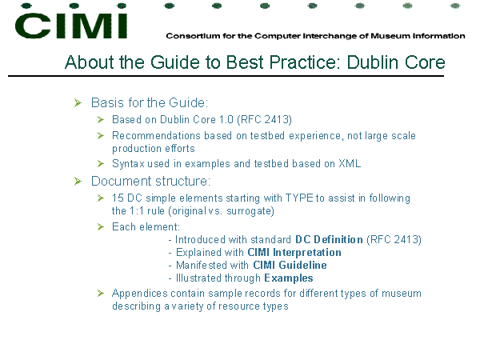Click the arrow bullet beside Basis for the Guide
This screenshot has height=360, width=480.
coord(78,103)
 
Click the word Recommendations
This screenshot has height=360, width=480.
coord(157,135)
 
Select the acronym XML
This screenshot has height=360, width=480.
coord(350,163)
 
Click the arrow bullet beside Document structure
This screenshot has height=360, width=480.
coord(78,182)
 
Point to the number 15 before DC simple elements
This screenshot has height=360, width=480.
coord(118,198)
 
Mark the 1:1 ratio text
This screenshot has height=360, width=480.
coord(137,211)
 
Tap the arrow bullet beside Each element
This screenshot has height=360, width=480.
coord(101,227)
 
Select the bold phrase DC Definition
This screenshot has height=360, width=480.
coord(329,239)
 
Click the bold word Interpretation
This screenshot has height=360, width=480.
coord(307,253)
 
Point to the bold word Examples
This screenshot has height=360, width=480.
coord(289,278)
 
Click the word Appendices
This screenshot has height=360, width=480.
coord(140,294)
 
